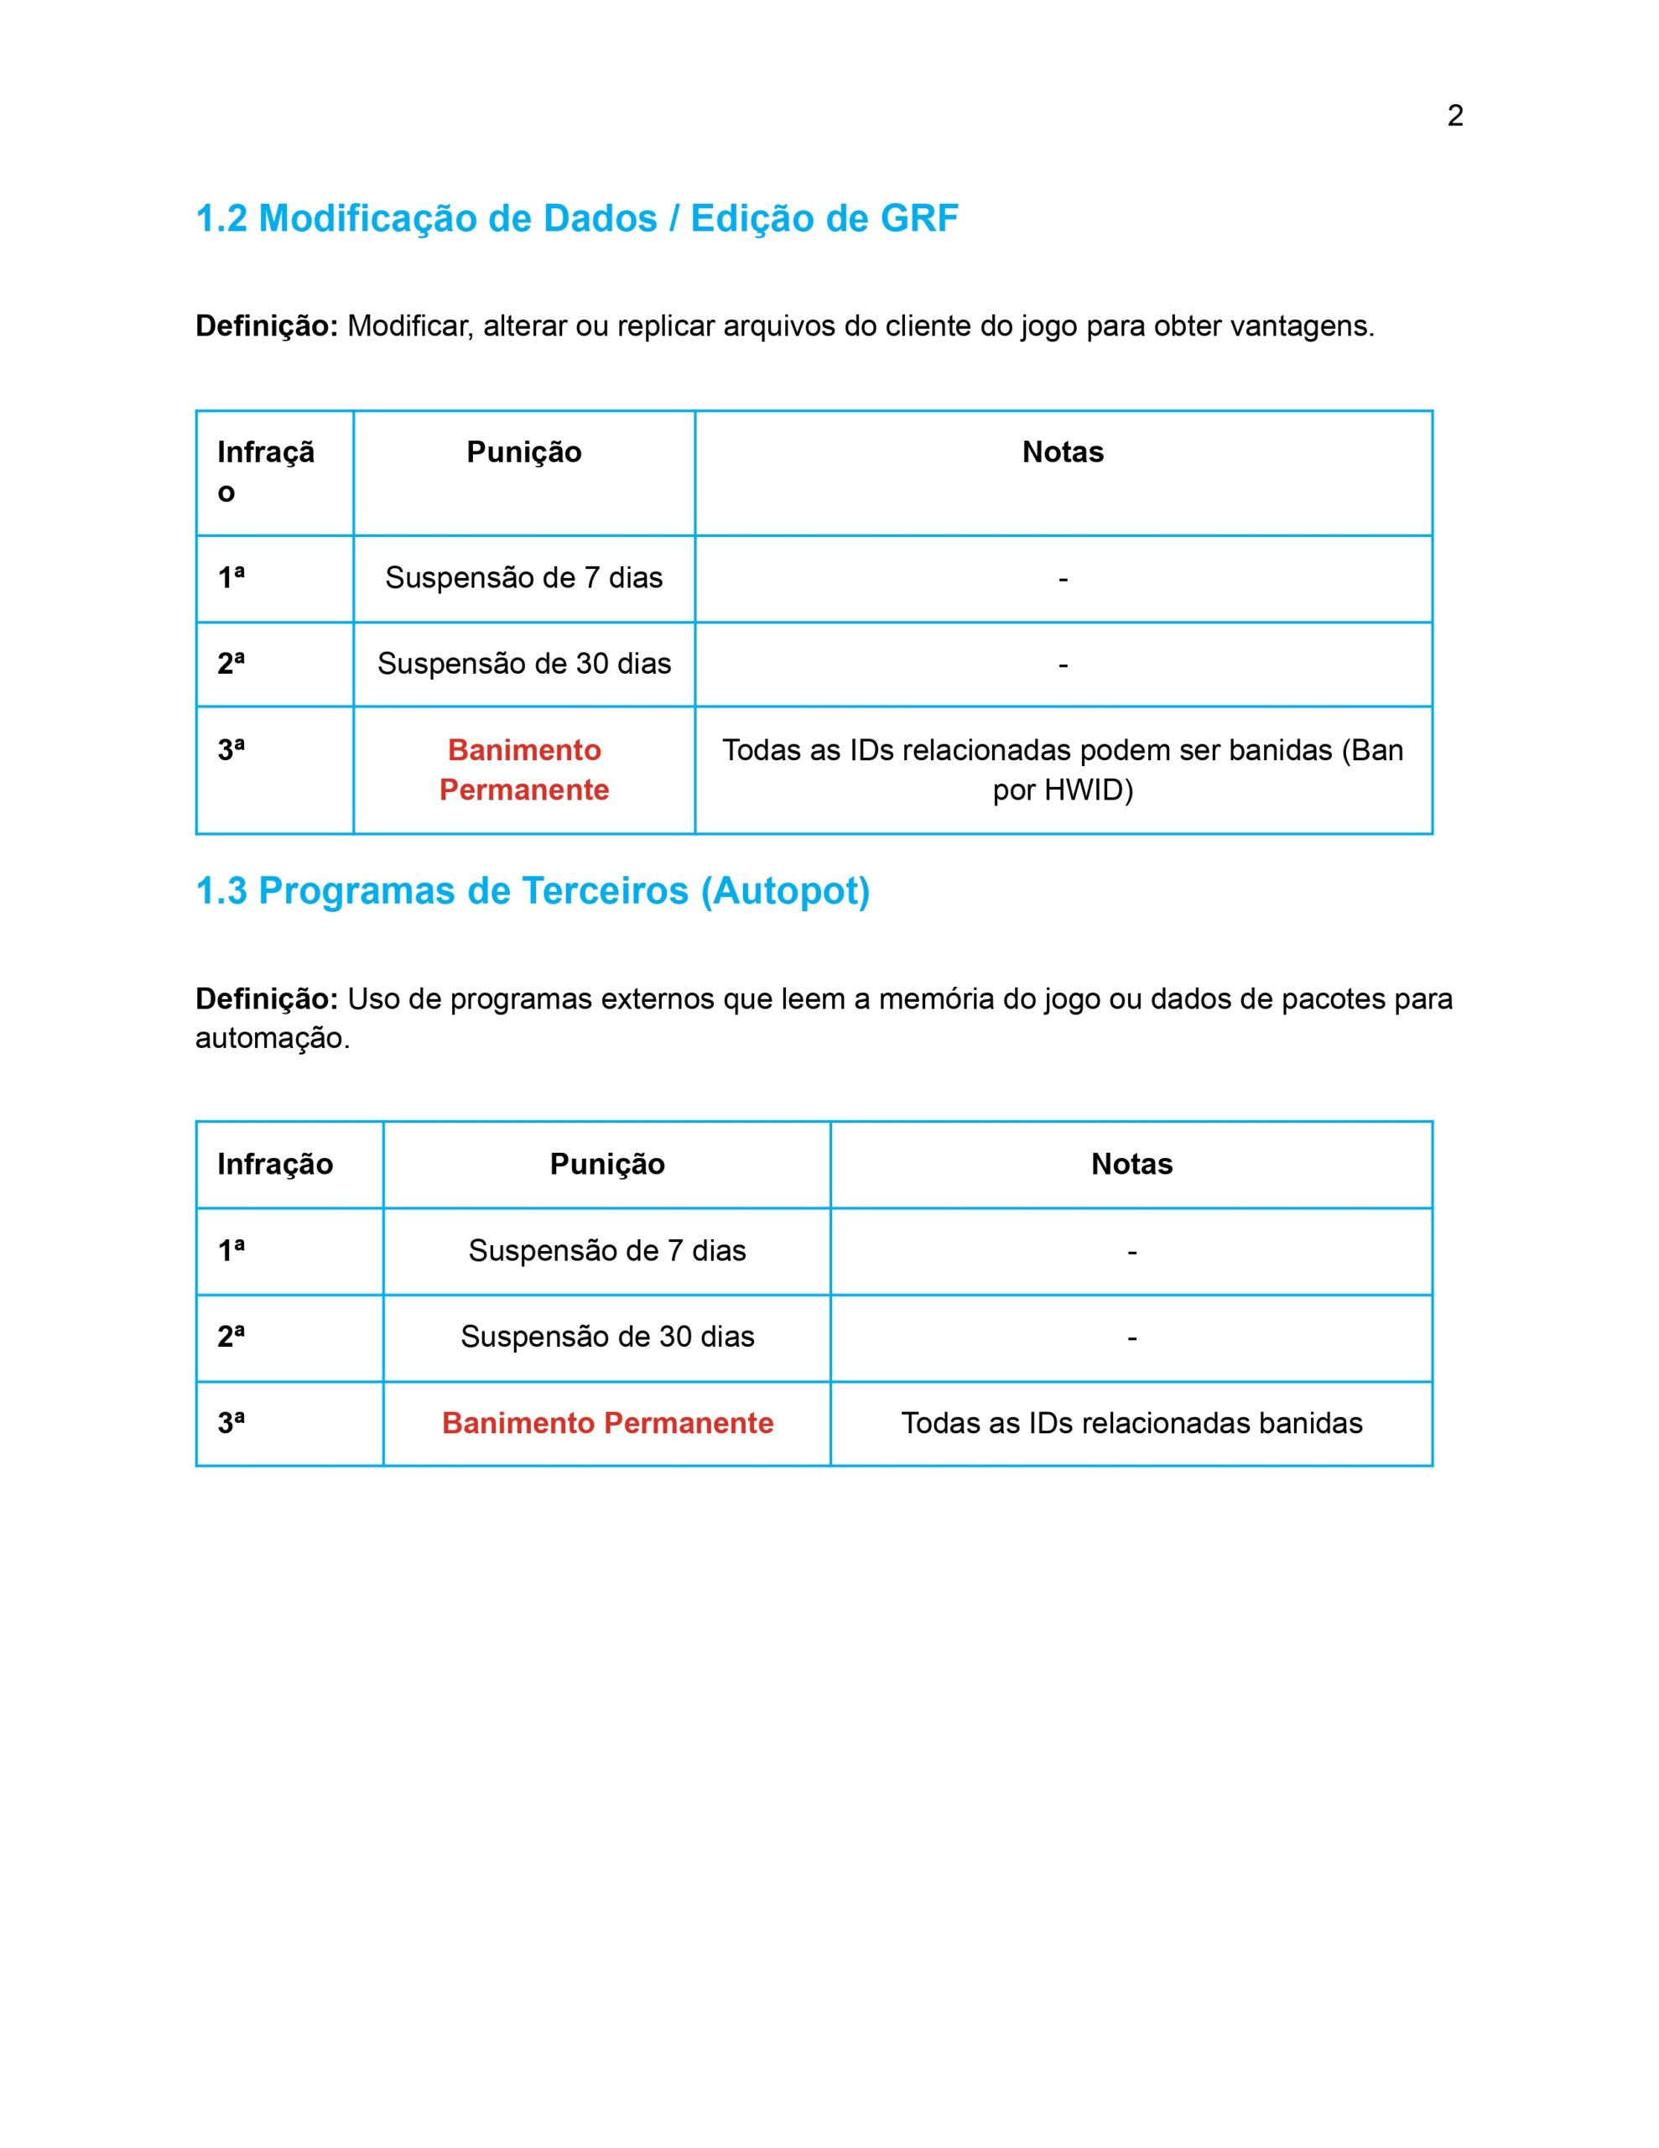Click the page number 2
coord(1454,116)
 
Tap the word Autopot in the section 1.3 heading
coord(785,891)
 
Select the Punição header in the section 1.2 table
coord(524,452)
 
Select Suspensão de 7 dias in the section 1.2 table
coord(524,578)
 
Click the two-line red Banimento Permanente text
coord(524,770)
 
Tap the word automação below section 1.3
coord(272,1039)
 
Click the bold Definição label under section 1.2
coord(267,326)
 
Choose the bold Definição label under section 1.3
coord(267,999)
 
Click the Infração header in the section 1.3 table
coord(275,1165)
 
